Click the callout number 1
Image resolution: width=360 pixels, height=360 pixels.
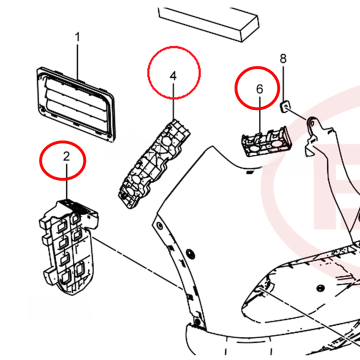coord(77,37)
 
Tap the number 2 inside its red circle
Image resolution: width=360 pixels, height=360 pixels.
coord(66,155)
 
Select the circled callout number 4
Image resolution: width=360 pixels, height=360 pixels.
coord(173,75)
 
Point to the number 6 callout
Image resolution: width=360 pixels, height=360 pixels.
coord(259,89)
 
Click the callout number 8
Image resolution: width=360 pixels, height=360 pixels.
coord(283,58)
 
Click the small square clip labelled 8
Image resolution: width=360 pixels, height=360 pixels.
coord(284,105)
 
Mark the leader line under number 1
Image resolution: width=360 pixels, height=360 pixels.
coord(77,60)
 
